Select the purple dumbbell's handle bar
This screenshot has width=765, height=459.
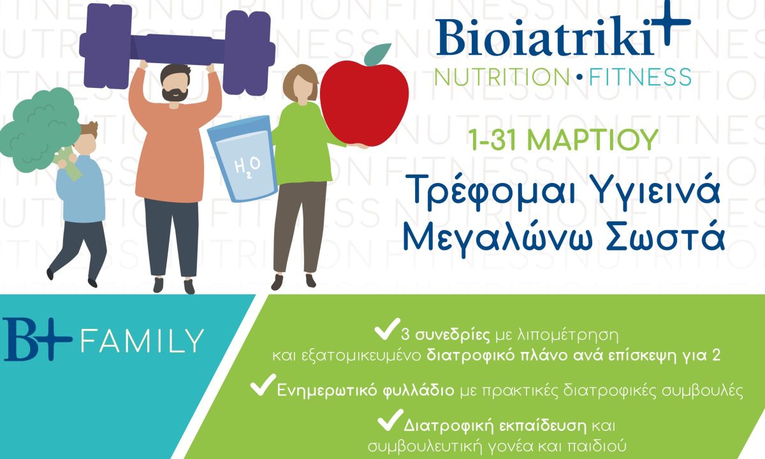coord(180,48)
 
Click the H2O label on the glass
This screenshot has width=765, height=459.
coord(243,168)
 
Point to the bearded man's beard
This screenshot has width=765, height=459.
coord(173,94)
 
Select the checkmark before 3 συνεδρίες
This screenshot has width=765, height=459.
coord(384,331)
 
